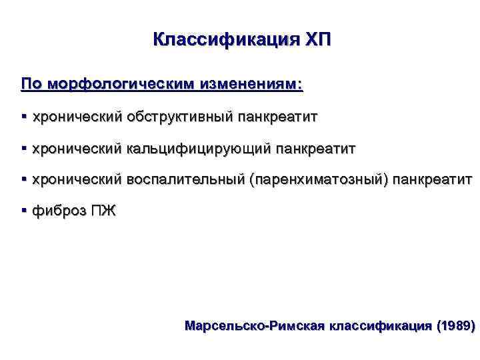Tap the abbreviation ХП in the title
tap(317, 39)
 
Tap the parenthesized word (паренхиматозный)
tap(319, 180)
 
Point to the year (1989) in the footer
tap(455, 326)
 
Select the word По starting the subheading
tap(31, 85)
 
